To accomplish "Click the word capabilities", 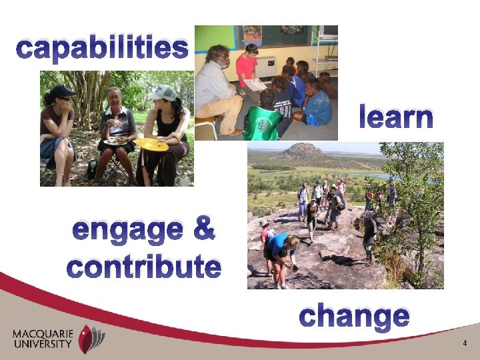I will pyautogui.click(x=102, y=48).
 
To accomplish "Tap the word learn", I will pyautogui.click(x=396, y=117).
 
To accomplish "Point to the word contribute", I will pyautogui.click(x=143, y=267).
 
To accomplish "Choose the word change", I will pyautogui.click(x=354, y=315).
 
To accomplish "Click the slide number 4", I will pyautogui.click(x=465, y=343).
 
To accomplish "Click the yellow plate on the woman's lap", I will pyautogui.click(x=152, y=144).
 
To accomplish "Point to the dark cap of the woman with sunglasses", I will pyautogui.click(x=61, y=91).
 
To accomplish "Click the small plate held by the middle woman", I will pyautogui.click(x=116, y=141).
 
